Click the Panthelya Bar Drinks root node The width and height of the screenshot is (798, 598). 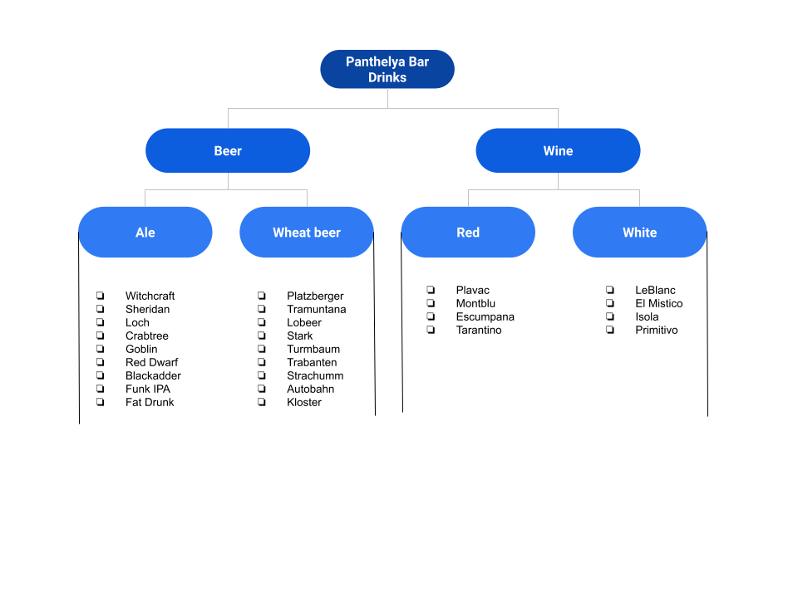coord(387,70)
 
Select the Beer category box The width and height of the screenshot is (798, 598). coord(228,150)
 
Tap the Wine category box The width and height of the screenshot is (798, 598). coord(558,150)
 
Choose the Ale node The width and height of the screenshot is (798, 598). coord(145,233)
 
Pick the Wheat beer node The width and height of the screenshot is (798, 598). coord(307,233)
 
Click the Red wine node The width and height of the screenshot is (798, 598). coord(468,233)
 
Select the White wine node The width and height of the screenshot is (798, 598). coord(639,233)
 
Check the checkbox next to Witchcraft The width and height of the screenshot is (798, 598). coord(101,296)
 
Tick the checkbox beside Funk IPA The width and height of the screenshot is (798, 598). coord(101,389)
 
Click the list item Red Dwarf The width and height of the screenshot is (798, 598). coord(151,362)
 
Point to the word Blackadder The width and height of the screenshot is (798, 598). coord(153,375)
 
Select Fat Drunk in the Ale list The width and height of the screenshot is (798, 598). coord(150,402)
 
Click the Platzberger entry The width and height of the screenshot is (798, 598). coord(315,296)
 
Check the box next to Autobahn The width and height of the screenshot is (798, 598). coord(262,389)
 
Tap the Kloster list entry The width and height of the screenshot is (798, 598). coord(304,402)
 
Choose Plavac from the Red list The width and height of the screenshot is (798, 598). coord(472,290)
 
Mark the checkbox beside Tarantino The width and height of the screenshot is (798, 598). coord(431,330)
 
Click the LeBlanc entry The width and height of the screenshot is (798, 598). coord(655,290)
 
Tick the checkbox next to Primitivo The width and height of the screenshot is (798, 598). coord(610,330)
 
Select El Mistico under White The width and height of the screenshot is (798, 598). coord(658,303)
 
